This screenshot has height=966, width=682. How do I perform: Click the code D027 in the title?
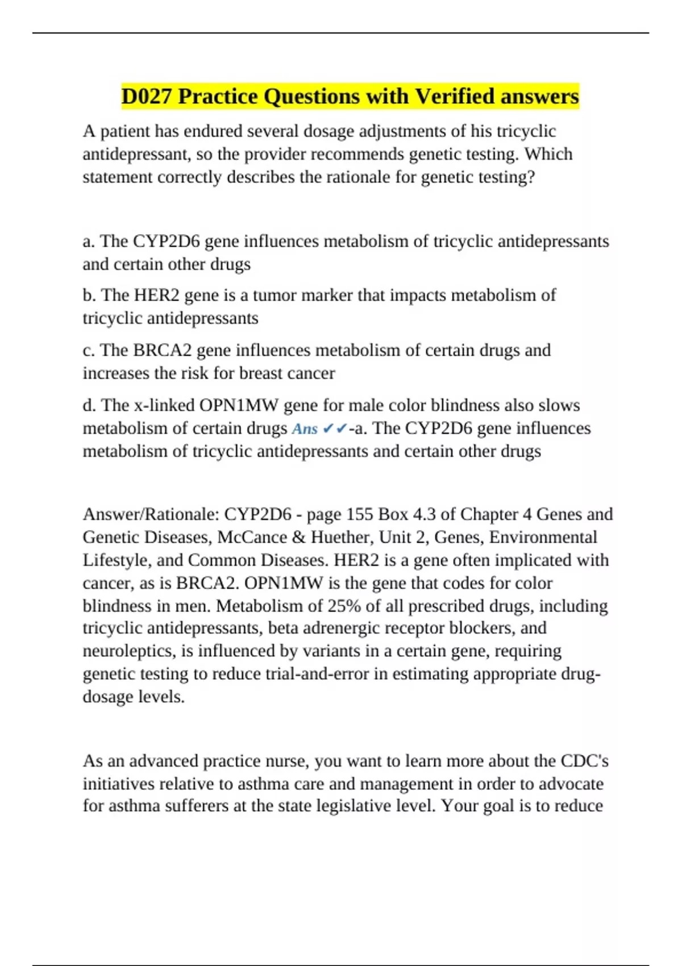click(x=147, y=97)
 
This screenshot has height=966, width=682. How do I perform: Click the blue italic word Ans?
click(x=304, y=428)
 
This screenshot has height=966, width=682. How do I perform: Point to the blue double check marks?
click(x=334, y=428)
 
